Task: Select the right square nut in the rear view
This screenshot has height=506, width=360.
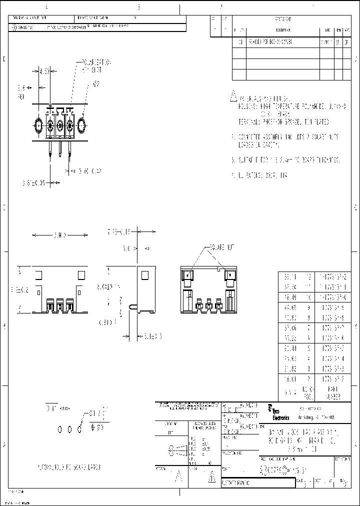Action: click(x=231, y=275)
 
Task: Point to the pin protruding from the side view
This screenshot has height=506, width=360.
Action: click(x=132, y=306)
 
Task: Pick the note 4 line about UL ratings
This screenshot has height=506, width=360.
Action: click(x=260, y=175)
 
